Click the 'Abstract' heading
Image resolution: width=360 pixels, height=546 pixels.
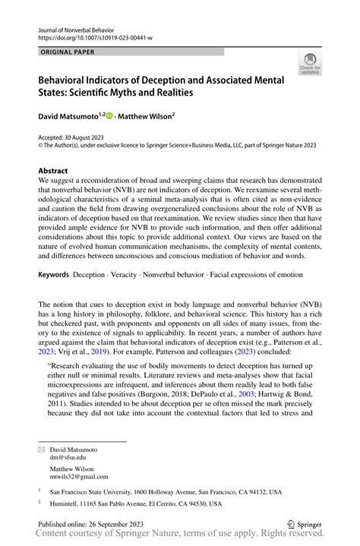click(x=54, y=171)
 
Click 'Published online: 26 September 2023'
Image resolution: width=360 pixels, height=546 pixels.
click(x=93, y=524)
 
